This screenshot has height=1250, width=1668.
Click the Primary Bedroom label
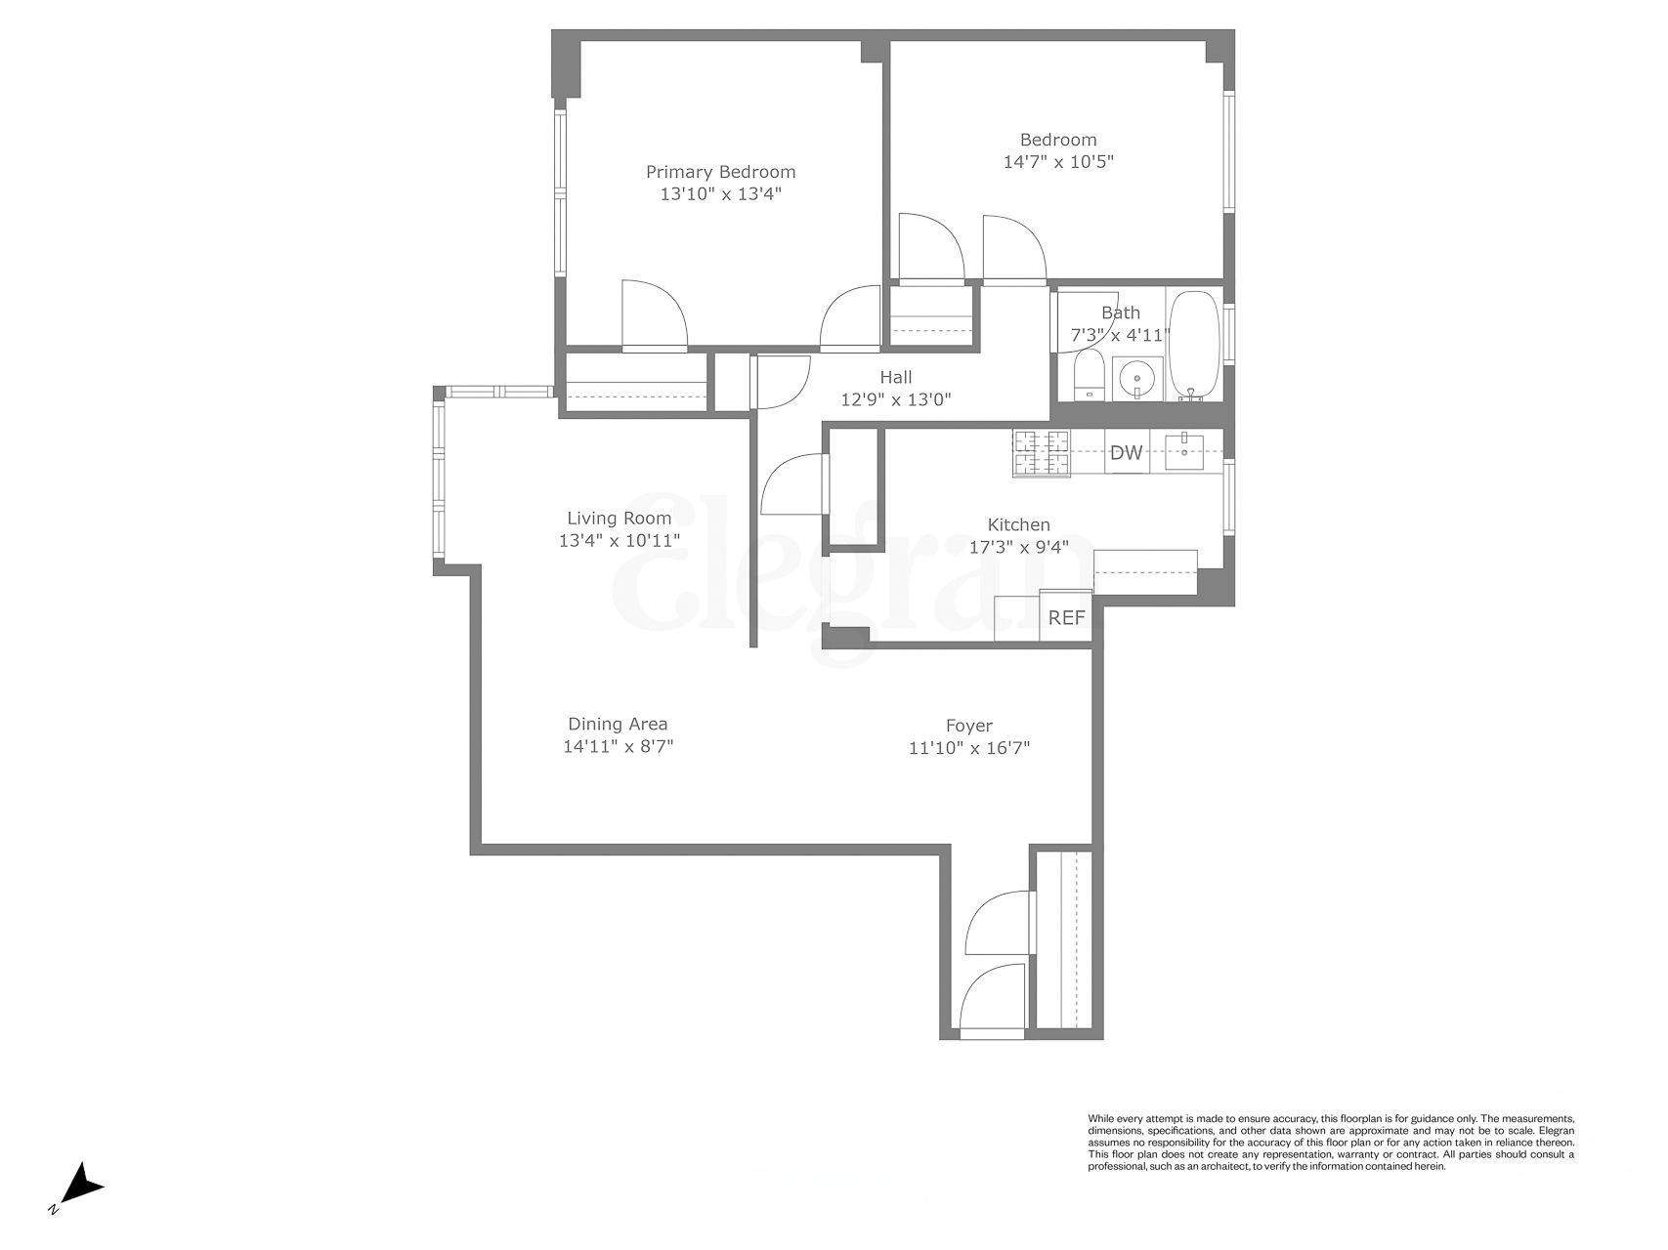720,172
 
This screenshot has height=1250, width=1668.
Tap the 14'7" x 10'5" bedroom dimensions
1058,162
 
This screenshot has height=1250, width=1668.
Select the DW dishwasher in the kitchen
1126,452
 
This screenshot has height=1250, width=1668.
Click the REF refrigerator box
1066,618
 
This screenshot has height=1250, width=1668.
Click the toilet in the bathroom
1088,376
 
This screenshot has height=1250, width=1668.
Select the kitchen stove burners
1042,453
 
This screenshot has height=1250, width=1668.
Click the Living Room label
619,518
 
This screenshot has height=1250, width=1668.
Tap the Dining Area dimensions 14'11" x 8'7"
618,747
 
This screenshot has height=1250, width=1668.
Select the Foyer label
968,726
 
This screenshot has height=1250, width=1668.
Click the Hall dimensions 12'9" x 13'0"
895,398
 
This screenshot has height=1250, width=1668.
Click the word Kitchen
1018,525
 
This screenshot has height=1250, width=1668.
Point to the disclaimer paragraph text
1331,1142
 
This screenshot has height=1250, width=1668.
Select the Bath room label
1120,313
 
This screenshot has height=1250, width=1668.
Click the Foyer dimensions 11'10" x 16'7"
968,749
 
